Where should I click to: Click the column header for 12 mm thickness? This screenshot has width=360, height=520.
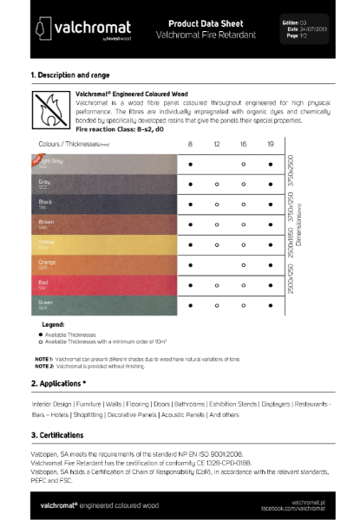[x=217, y=143]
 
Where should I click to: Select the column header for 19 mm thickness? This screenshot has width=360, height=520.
[x=271, y=143]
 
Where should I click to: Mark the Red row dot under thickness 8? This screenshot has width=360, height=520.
[x=190, y=284]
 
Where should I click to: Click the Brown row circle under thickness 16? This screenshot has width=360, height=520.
[x=244, y=224]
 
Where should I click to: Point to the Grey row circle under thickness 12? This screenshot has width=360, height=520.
[x=217, y=184]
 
